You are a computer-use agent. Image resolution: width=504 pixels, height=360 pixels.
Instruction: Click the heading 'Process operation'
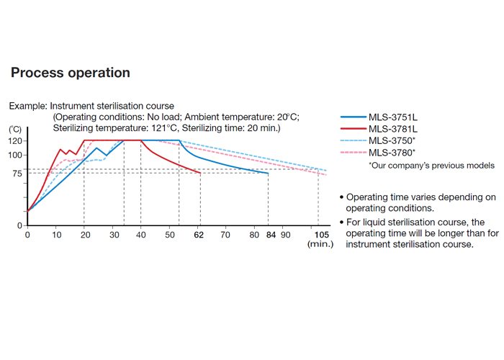(70, 73)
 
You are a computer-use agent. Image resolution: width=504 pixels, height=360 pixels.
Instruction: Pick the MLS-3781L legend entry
(390, 128)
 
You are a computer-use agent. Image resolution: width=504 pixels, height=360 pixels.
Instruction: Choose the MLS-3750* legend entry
(390, 140)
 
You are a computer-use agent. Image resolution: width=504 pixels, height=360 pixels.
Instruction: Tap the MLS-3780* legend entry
(390, 153)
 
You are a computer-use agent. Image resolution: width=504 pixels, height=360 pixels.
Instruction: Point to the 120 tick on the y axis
(16, 140)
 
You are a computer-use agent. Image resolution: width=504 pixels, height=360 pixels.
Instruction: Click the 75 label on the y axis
(18, 174)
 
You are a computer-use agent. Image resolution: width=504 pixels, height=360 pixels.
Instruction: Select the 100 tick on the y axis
(16, 155)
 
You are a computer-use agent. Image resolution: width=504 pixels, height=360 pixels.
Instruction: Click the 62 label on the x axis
(199, 235)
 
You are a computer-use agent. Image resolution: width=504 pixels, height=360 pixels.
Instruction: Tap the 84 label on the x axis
(268, 235)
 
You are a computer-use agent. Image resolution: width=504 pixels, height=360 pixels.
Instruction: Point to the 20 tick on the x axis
(84, 235)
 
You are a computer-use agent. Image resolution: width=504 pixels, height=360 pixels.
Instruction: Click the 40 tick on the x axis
(140, 235)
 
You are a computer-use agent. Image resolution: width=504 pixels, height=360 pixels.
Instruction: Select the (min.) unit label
(320, 245)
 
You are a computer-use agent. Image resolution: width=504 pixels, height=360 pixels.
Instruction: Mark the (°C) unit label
(15, 129)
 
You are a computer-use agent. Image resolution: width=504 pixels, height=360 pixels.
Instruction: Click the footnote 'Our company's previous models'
(431, 166)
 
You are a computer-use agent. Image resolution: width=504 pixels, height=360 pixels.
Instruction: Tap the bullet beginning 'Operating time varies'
(418, 202)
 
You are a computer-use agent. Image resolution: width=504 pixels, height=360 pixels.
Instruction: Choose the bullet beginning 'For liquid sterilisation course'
(418, 233)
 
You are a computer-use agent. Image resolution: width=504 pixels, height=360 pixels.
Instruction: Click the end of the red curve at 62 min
(200, 173)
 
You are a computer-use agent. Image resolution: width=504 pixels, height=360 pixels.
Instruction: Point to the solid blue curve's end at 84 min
(268, 173)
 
